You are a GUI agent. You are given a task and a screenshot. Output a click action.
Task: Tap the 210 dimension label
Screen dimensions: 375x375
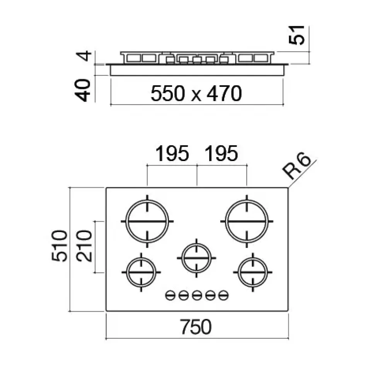pos(84,246)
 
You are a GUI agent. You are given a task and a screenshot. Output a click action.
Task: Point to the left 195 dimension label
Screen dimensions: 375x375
pos(172,154)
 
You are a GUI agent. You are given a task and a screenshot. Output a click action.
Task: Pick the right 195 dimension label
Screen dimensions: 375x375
pos(221,154)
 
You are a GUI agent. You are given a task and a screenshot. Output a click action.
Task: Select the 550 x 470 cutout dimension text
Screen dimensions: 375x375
pos(196,93)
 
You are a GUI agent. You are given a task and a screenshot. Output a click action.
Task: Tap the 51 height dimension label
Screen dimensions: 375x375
pos(298,35)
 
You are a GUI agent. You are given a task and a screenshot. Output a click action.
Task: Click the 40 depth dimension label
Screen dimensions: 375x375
pos(84,90)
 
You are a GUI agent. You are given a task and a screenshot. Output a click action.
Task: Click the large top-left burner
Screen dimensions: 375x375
pos(147,221)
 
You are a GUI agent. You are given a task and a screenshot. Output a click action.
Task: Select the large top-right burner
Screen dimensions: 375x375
pos(247,221)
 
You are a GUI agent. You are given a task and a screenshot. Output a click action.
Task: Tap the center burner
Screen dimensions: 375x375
pos(197,258)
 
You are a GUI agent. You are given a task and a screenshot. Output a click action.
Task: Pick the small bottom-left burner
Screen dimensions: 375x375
pos(141,272)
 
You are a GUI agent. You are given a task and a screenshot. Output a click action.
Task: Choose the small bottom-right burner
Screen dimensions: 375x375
pos(253,272)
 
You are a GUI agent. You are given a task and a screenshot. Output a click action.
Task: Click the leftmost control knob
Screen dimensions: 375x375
pos(170,296)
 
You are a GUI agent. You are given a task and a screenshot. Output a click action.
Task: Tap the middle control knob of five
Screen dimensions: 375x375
pos(197,296)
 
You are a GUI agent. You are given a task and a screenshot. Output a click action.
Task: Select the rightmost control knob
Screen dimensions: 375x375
pos(223,296)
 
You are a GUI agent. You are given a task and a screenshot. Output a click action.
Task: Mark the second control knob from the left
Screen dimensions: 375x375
pos(184,296)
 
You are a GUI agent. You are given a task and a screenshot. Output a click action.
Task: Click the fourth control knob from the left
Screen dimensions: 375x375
pos(210,296)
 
